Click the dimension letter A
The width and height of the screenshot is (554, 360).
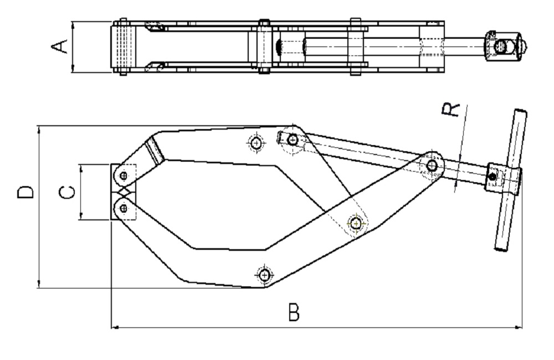tap(60, 47)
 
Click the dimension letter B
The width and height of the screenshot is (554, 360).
tap(294, 312)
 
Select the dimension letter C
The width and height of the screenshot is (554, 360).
tap(66, 192)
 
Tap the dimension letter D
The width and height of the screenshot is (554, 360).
tap(25, 192)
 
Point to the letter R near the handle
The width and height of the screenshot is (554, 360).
tap(451, 110)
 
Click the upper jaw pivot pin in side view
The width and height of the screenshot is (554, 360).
tap(124, 175)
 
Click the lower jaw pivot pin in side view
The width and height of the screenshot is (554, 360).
tap(124, 208)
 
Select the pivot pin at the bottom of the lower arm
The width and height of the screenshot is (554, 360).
tap(264, 275)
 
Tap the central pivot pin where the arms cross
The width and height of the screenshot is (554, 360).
tap(356, 224)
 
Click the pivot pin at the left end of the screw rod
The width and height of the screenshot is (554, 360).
tap(292, 140)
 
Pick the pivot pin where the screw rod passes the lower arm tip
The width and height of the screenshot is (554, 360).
tap(432, 165)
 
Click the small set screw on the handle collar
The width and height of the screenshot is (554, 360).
tap(491, 176)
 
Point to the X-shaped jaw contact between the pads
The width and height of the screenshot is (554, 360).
tap(124, 192)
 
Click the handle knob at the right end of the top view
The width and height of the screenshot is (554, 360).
tap(506, 46)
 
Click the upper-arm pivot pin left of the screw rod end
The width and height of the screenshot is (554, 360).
tap(256, 143)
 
